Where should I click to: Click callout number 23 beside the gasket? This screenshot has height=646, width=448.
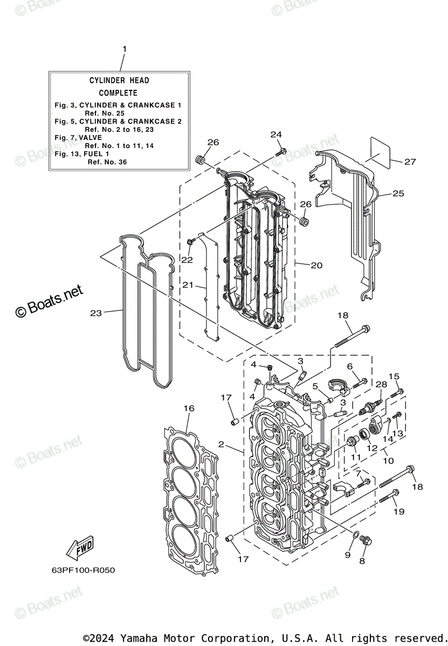(96, 313)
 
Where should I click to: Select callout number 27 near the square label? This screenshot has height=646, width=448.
(410, 161)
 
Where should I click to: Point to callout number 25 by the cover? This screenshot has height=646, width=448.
(398, 193)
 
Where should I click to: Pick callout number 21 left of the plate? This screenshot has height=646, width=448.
(188, 285)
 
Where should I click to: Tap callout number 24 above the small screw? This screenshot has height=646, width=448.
(276, 134)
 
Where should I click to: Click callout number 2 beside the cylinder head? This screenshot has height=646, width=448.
(221, 444)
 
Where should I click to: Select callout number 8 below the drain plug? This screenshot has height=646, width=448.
(362, 561)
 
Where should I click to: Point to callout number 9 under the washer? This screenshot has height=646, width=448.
(348, 555)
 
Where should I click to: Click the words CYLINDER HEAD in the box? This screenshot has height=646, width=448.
(119, 80)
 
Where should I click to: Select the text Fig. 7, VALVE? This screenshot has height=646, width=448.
(79, 137)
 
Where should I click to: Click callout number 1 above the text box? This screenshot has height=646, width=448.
(125, 49)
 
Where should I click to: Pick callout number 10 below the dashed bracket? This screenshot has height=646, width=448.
(388, 461)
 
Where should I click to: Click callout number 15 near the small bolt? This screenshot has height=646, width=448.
(394, 376)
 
